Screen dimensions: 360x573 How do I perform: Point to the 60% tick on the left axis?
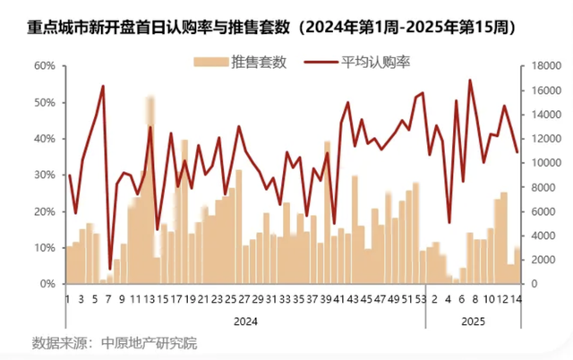[x=45, y=66]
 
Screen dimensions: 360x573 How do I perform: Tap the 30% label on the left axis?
[x=45, y=176]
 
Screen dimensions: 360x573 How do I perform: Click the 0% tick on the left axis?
[x=48, y=284]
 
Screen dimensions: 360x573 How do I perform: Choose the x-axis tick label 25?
[x=231, y=299]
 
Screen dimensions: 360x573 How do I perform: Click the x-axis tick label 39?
[x=327, y=299]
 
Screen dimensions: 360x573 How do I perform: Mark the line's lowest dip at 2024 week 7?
[x=110, y=268]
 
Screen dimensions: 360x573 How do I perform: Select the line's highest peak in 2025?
[x=470, y=80]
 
